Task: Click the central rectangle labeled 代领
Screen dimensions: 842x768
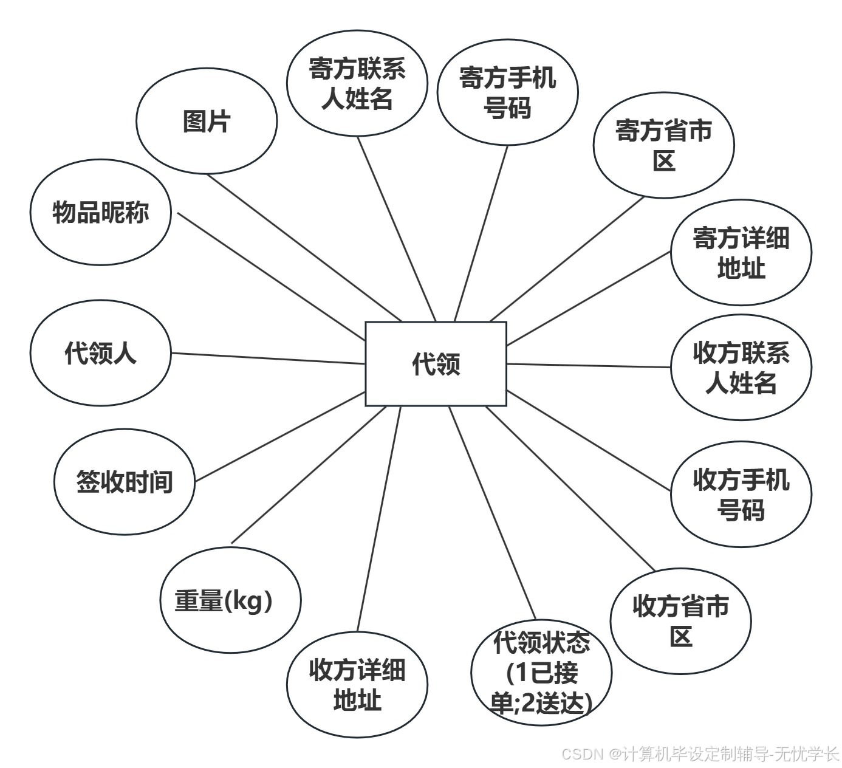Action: (x=436, y=364)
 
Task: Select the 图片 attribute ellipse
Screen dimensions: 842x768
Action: (x=207, y=121)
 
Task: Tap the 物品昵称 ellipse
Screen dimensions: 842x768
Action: (x=101, y=213)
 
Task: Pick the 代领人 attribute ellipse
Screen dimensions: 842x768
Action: (x=101, y=353)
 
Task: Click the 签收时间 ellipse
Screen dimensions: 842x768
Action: (x=125, y=482)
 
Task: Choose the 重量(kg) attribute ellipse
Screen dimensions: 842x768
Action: (x=231, y=600)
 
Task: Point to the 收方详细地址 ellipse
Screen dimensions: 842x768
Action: (x=357, y=685)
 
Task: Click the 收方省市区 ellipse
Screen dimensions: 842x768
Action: (x=680, y=621)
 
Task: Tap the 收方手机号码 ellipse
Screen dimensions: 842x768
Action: (x=741, y=494)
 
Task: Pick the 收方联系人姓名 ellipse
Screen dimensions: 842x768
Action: (x=741, y=368)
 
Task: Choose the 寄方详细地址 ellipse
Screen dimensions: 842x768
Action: (x=741, y=252)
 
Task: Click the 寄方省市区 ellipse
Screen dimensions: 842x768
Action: (x=663, y=145)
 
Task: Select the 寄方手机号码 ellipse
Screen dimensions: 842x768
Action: (x=507, y=92)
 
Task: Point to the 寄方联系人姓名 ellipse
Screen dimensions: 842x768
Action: (x=357, y=83)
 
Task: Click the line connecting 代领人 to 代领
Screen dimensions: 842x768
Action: (x=267, y=358)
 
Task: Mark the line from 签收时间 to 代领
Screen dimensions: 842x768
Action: (x=279, y=437)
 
